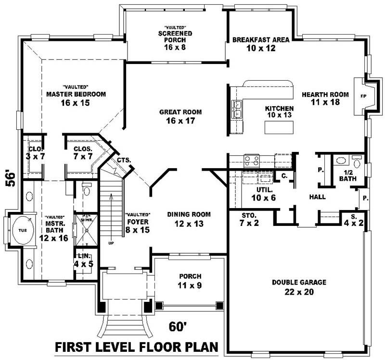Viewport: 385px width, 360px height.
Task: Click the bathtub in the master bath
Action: pyautogui.click(x=22, y=230)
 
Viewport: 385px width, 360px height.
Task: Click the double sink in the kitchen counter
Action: pyautogui.click(x=237, y=109)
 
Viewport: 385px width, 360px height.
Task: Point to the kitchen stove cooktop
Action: pyautogui.click(x=252, y=160)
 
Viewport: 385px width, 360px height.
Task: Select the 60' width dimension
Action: pyautogui.click(x=177, y=327)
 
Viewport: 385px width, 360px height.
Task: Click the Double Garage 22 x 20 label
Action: pyautogui.click(x=299, y=287)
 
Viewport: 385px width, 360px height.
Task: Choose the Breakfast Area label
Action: pyautogui.click(x=261, y=44)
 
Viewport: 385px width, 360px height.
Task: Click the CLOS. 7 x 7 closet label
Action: pyautogui.click(x=83, y=152)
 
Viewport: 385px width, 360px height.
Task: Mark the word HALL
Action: pyautogui.click(x=318, y=197)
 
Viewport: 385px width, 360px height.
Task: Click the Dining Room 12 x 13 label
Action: pyautogui.click(x=189, y=219)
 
